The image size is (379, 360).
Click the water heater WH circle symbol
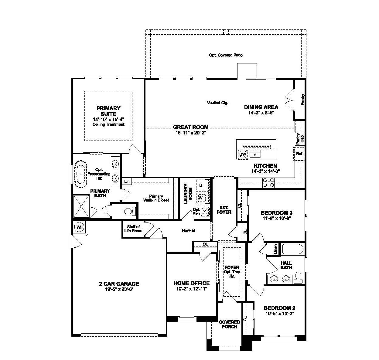pos(80,227)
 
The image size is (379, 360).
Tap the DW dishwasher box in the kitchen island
pos(242,155)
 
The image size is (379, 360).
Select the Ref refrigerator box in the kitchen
pos(299,154)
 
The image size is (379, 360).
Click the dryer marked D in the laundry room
pos(201,185)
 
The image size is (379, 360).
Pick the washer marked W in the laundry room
pos(200,198)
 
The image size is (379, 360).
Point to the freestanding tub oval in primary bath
pos(81,174)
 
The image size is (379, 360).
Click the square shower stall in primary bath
pos(81,206)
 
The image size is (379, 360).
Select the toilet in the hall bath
pos(298,276)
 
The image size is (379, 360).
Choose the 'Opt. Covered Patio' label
pos(226,55)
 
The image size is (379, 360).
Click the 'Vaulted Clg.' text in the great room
pos(217,103)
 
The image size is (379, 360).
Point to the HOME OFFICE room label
pos(191,284)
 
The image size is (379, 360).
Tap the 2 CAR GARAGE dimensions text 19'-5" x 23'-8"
pos(119,289)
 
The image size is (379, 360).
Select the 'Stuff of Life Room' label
pos(133,229)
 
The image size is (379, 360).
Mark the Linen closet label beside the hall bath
pos(275,249)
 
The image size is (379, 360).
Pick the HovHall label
pos(188,230)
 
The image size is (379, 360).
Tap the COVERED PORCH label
pos(229,324)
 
